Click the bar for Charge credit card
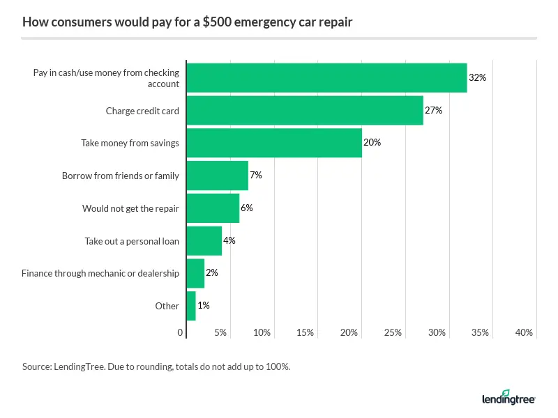pos(305,110)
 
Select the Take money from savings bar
pos(274,143)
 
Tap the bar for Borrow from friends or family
pos(217,176)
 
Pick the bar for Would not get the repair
pos(213,208)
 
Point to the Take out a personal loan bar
pos(204,240)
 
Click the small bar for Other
pos(191,306)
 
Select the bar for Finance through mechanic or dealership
pos(195,273)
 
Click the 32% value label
pos(477,78)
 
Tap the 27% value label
pos(434,110)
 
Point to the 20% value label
pos(372,143)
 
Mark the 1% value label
pos(203,306)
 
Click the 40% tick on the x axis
pos(524,333)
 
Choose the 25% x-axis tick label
pos(393,333)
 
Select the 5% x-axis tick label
pos(220,333)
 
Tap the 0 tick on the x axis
pos(181,333)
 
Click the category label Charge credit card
pos(142,111)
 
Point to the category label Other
pos(167,306)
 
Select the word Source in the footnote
pos(36,366)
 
